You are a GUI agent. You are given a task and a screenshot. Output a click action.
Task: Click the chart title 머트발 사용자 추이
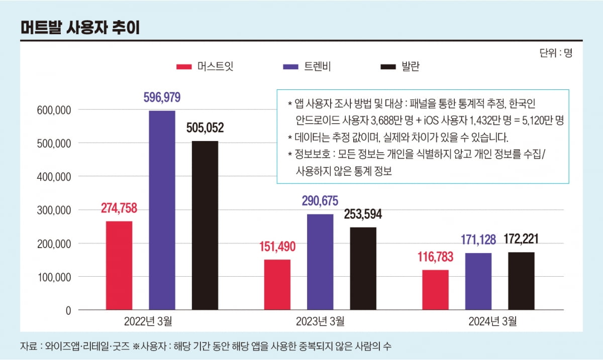[80, 28]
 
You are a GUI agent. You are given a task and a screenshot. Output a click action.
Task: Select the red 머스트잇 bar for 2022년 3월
[119, 265]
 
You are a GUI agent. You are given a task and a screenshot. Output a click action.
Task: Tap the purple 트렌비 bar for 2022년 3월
[162, 210]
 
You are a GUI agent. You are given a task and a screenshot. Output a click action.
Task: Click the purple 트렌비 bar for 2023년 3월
[320, 262]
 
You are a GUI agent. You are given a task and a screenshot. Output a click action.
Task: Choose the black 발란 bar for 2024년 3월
[521, 281]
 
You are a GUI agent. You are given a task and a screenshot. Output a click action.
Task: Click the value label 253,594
[363, 214]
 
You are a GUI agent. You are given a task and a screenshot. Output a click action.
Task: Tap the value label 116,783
[435, 257]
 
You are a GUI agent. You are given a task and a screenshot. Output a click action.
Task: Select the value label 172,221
[521, 239]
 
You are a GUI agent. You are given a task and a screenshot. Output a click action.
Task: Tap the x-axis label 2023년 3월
[320, 321]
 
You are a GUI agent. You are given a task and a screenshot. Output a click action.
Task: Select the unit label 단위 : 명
[556, 53]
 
